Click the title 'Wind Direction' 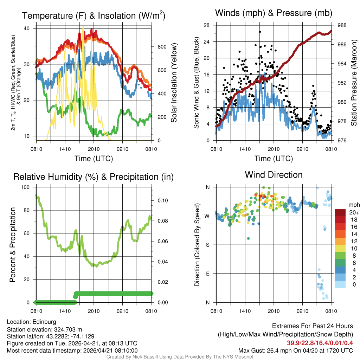(274, 175)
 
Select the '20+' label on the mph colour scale (353, 212)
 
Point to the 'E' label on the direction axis (207, 274)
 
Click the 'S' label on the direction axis (207, 245)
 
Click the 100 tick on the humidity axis (28, 187)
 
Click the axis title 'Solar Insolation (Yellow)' (174, 83)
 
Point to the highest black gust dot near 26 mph (260, 32)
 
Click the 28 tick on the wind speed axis (207, 25)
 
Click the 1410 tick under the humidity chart (65, 311)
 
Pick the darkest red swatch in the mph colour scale (340, 212)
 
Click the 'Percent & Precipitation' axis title (12, 245)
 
